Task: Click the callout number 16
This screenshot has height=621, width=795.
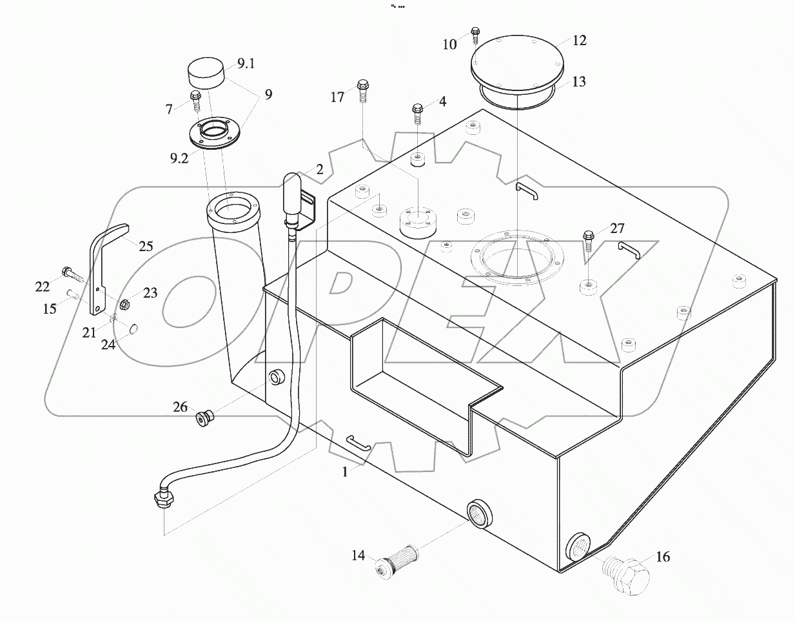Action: [663, 556]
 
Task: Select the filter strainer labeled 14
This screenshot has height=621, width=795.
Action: [397, 558]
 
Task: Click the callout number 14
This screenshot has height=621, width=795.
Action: [358, 555]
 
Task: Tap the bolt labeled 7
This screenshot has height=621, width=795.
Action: [196, 101]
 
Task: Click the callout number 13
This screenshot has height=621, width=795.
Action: [579, 82]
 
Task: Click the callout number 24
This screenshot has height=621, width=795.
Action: [108, 345]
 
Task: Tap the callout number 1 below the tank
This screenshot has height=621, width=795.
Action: [345, 472]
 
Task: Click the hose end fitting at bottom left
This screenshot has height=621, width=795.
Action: [162, 498]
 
